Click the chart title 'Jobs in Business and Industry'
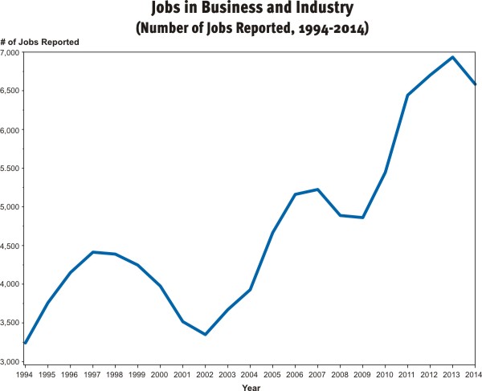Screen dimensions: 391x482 point(241,10)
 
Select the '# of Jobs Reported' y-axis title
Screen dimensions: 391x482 point(39,41)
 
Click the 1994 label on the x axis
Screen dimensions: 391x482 point(25,373)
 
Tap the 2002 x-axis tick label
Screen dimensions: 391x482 point(205,373)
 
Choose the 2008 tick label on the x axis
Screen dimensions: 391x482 point(340,373)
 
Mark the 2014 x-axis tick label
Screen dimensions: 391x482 point(475,373)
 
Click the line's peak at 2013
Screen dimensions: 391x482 point(453,57)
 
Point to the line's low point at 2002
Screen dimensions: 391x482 point(206,334)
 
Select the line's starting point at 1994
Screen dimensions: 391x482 point(26,343)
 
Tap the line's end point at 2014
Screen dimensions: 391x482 point(476,83)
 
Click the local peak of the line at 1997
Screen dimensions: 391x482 point(93,252)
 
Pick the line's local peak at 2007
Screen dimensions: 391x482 point(318,189)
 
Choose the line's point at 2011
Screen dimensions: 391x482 point(408,95)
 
